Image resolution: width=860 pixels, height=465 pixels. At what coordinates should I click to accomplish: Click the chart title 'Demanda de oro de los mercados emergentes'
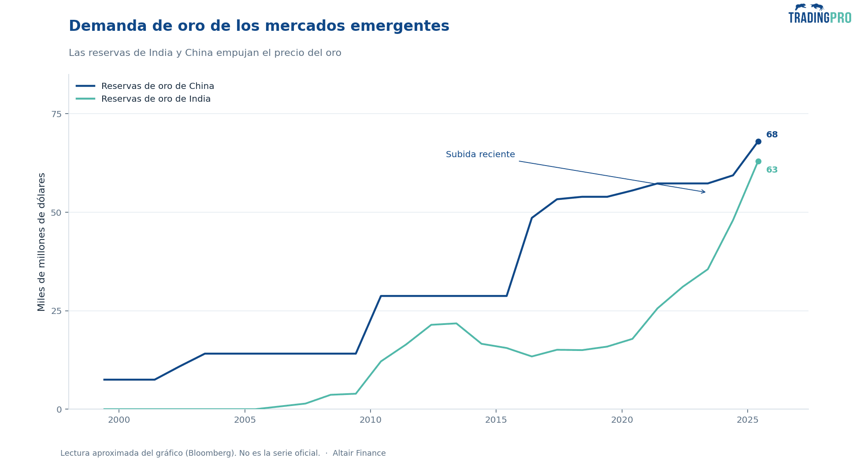[259, 26]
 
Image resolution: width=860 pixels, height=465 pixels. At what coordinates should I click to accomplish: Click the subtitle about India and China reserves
[205, 53]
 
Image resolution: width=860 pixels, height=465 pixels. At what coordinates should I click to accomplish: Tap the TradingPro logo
[820, 14]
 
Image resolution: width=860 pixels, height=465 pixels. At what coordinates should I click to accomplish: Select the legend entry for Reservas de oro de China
[145, 86]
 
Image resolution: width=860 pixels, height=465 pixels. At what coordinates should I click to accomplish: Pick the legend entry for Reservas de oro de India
[143, 99]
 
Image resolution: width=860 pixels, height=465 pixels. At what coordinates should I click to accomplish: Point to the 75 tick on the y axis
[57, 114]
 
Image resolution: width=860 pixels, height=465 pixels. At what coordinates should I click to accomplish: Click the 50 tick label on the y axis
[57, 212]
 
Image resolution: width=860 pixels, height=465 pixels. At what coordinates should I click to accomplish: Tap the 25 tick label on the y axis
[57, 311]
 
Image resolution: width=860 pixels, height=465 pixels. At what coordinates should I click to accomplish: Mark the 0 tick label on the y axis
[59, 410]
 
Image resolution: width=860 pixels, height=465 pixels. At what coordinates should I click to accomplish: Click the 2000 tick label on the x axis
[119, 420]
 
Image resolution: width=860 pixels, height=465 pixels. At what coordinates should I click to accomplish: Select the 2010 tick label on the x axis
[371, 420]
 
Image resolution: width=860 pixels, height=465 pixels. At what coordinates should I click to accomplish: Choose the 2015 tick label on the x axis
[496, 420]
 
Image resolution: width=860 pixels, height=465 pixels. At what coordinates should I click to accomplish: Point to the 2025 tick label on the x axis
[748, 420]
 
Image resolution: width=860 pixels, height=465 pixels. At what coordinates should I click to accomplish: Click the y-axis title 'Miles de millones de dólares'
[42, 242]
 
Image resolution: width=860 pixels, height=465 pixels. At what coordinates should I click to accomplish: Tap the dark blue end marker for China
[758, 142]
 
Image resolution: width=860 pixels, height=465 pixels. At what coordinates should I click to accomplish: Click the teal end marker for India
[758, 162]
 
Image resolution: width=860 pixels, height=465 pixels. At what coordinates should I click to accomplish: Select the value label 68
[772, 135]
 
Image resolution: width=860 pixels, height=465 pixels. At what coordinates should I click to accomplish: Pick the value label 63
[772, 170]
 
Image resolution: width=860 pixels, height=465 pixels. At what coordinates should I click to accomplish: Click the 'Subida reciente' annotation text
[480, 155]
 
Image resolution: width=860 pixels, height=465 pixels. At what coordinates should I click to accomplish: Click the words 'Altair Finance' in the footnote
[359, 453]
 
